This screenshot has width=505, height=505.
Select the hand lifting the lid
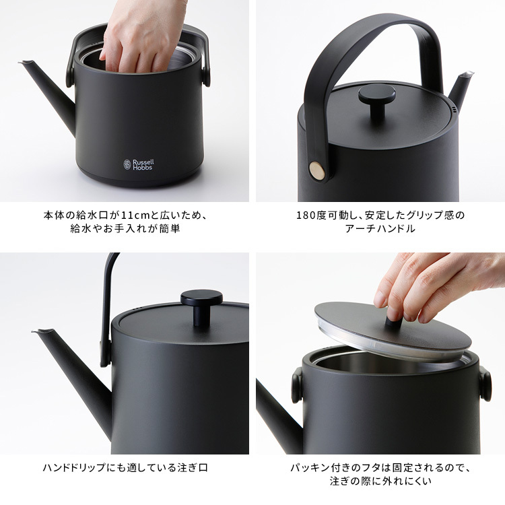click(431, 283)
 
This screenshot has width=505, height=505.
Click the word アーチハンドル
click(380, 229)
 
